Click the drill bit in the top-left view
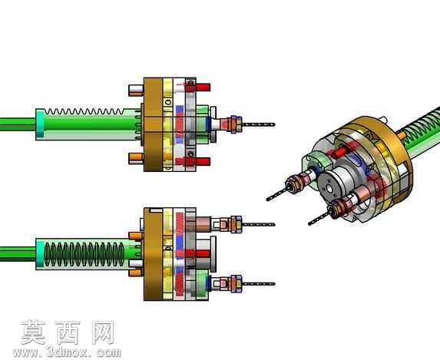259,124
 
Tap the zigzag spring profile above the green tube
84,111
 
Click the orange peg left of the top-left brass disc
136,158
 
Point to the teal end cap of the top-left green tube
40,124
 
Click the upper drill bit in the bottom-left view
259,224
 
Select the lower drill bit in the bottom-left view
259,284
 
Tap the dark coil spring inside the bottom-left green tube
84,254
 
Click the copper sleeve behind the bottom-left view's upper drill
203,224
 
